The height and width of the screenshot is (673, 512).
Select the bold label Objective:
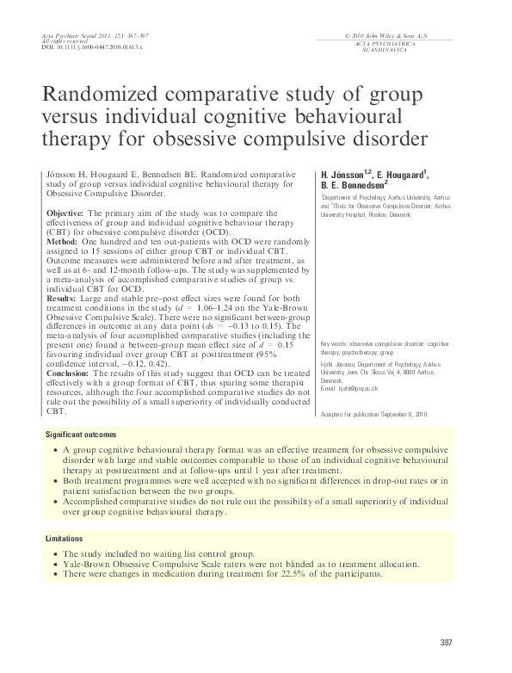(65, 213)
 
